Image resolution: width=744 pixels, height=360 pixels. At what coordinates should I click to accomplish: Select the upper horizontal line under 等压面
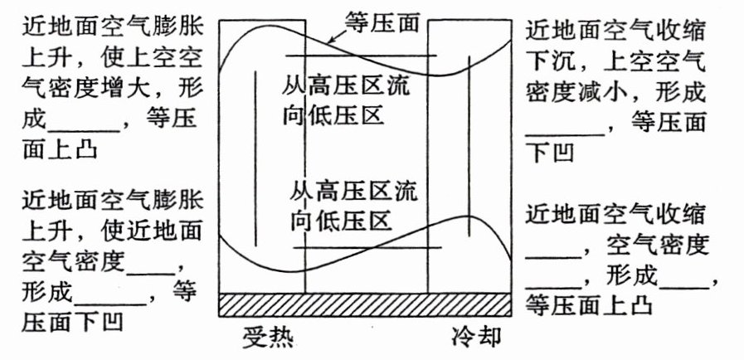pyautogui.click(x=361, y=56)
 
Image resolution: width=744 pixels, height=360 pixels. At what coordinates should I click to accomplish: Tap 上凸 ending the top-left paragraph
pyautogui.click(x=75, y=151)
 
